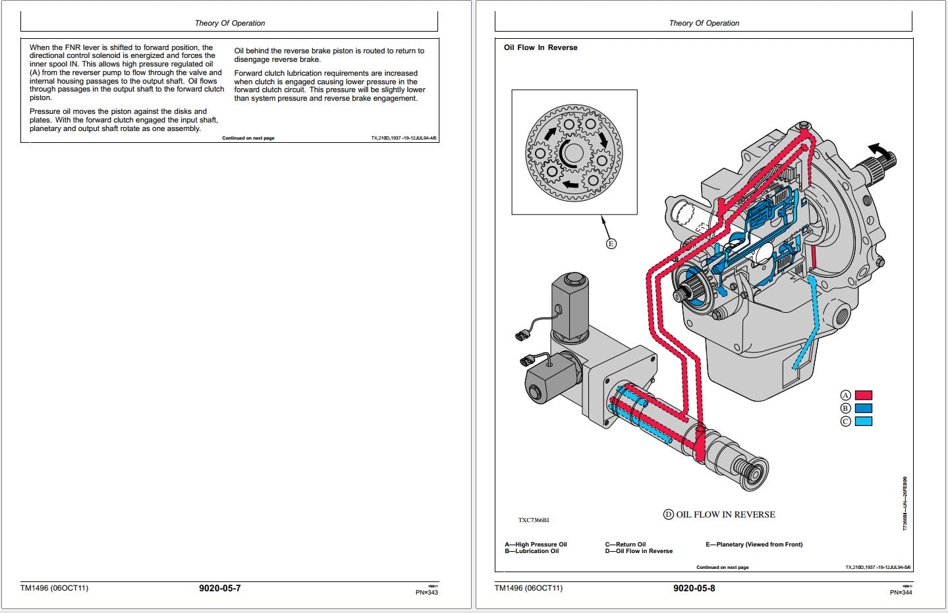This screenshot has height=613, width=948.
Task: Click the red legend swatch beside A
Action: click(863, 395)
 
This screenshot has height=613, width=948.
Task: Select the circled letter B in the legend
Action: click(846, 408)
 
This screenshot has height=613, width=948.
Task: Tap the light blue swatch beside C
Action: click(863, 421)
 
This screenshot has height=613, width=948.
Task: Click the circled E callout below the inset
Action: click(611, 244)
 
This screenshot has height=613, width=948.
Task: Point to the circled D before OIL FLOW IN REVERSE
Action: click(669, 514)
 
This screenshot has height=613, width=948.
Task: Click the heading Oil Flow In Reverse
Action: click(540, 47)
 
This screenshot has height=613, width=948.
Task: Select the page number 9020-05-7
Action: click(219, 588)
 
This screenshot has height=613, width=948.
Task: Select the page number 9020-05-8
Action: click(694, 588)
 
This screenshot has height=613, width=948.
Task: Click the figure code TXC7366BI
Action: click(533, 520)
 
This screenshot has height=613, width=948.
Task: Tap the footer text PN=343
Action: click(426, 592)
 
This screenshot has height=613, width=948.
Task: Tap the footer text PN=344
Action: click(901, 592)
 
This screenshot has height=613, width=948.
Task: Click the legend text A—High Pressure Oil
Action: click(536, 545)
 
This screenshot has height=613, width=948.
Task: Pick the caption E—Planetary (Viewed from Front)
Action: click(754, 545)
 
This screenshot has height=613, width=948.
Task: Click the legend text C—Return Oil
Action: click(625, 545)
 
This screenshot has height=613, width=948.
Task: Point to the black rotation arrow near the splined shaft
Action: click(876, 149)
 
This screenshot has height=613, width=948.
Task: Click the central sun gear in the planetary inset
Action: click(573, 153)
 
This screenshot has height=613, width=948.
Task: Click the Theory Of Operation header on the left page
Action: click(230, 23)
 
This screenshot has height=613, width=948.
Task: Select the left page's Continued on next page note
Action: click(248, 138)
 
